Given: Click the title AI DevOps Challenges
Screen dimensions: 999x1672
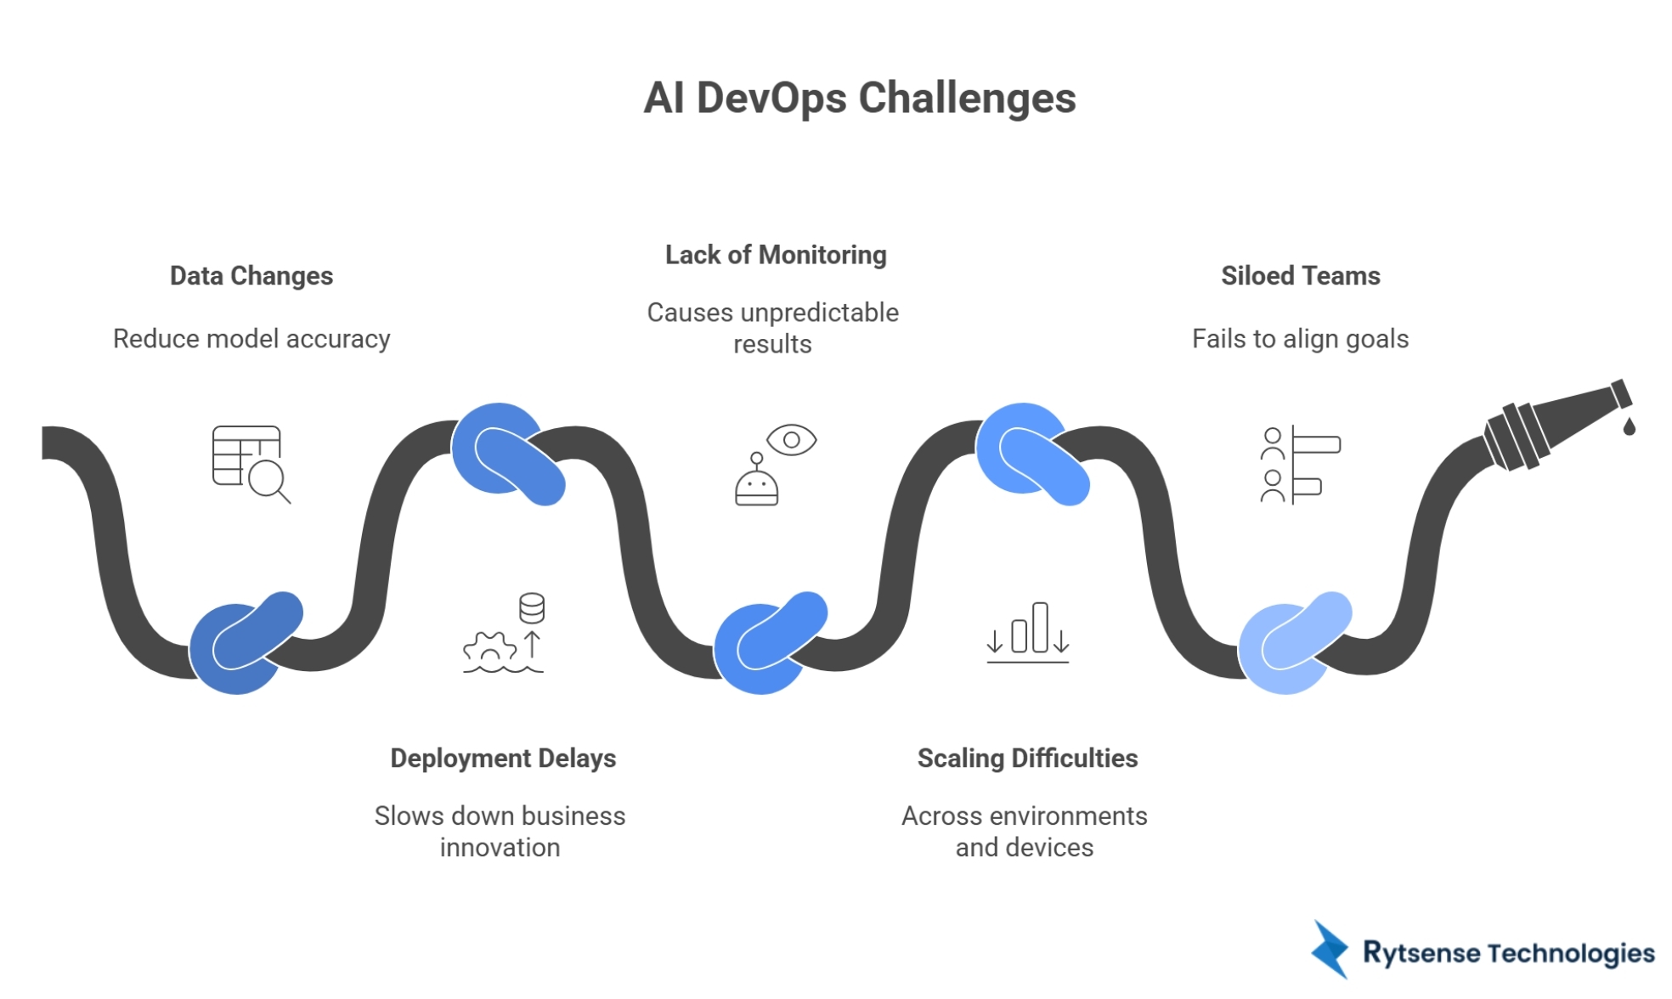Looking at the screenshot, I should [859, 98].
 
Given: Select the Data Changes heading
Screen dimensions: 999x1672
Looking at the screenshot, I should [251, 276].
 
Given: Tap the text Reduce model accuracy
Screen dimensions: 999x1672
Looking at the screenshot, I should [251, 339].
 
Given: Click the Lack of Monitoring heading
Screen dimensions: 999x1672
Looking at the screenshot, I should [775, 255].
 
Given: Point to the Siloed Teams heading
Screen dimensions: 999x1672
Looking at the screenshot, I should [1300, 276].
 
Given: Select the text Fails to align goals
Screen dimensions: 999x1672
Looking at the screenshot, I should [1300, 339].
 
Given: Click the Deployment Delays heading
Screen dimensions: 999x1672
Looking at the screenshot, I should [503, 758].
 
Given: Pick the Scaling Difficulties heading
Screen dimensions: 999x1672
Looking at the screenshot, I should [1027, 758].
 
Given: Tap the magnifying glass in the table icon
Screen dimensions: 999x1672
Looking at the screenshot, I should [268, 479].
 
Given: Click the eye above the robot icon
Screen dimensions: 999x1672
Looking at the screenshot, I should [791, 440].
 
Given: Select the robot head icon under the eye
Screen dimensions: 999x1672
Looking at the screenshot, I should [756, 486].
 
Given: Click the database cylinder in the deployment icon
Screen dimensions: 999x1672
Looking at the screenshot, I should [532, 608].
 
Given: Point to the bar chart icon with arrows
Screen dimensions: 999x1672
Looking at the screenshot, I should [1027, 633].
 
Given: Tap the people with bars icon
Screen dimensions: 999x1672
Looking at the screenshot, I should [1298, 465].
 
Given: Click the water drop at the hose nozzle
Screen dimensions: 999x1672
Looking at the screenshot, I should [1629, 426].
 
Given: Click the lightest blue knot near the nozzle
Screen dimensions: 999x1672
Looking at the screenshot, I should [1291, 644].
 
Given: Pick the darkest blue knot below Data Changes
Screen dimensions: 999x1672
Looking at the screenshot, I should [243, 644].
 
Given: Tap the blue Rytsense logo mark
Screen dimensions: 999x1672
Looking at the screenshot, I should [1330, 950].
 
